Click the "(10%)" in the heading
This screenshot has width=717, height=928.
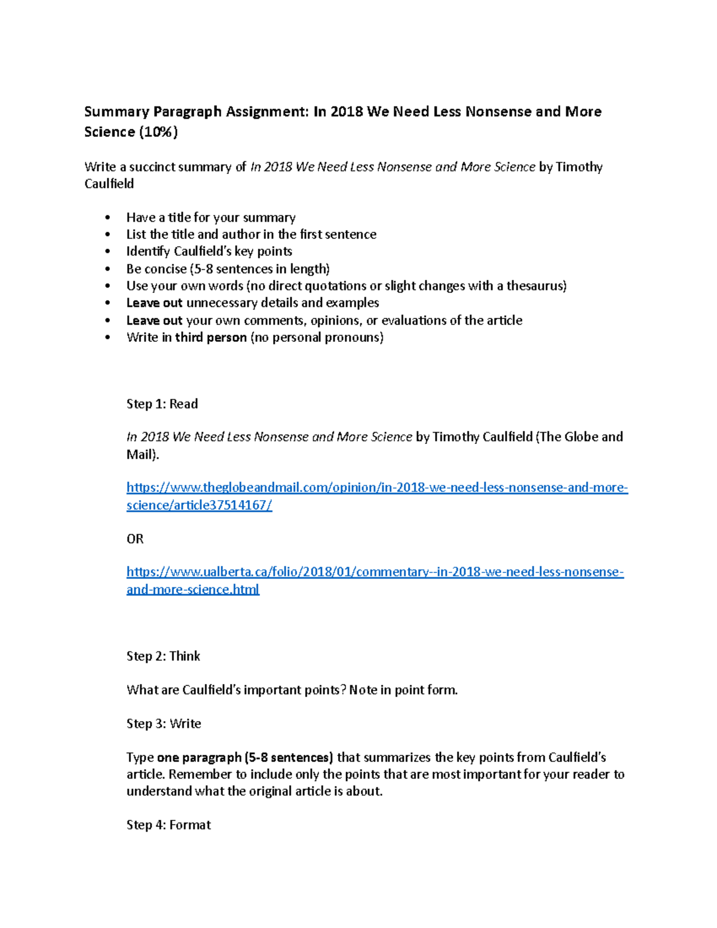(x=158, y=132)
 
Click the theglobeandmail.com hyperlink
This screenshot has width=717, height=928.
(x=377, y=488)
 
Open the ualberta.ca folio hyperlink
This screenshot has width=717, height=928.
(x=375, y=572)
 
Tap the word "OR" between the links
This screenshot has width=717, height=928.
(x=135, y=539)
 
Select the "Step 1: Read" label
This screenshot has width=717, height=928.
(x=162, y=404)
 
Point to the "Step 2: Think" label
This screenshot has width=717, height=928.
(x=163, y=656)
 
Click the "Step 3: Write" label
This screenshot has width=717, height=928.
(x=164, y=724)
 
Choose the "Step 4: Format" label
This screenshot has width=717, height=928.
(x=168, y=825)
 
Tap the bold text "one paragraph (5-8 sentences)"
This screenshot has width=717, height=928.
(x=244, y=758)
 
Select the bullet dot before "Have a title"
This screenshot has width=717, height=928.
(x=108, y=218)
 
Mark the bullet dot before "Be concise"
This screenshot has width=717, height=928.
(x=108, y=269)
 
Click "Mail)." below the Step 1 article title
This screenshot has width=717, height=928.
(x=143, y=455)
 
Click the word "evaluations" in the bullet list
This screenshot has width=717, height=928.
(x=413, y=320)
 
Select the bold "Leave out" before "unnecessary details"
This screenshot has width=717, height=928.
(x=154, y=303)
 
